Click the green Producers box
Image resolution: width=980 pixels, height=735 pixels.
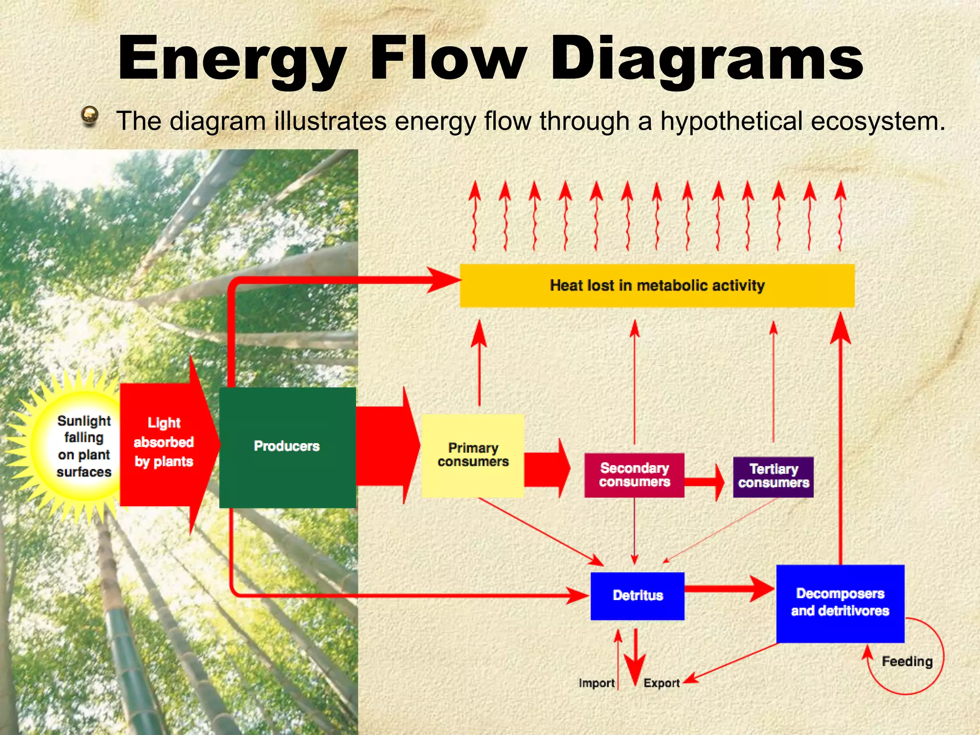287,447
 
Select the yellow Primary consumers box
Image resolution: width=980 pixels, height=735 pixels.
473,455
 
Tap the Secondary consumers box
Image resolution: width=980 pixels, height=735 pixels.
634,475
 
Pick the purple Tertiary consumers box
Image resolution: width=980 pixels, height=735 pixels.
773,476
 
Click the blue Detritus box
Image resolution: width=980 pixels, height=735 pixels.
637,596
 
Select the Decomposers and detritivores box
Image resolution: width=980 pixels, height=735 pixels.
840,603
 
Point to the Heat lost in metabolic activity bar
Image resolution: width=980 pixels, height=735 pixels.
657,286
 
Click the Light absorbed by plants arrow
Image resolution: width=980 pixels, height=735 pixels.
164,443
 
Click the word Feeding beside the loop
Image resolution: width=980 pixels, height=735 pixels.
907,661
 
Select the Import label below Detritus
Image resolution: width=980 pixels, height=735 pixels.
596,683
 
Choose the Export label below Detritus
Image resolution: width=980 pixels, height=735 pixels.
661,683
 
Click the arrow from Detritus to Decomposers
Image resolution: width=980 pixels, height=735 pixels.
727,588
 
